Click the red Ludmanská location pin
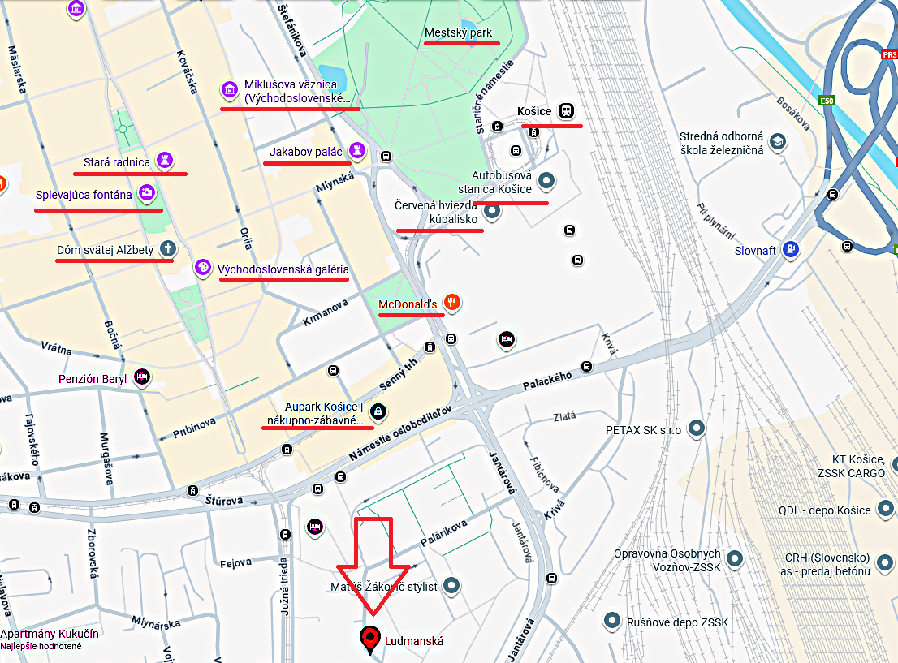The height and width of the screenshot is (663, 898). click(371, 639)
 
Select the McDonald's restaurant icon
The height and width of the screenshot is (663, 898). click(453, 304)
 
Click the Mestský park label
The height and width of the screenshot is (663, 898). click(458, 33)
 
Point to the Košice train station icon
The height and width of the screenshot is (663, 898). click(566, 111)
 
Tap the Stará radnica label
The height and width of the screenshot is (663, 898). click(117, 162)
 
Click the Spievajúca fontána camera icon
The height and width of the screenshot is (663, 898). click(147, 193)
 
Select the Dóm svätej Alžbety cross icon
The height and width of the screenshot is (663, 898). click(168, 249)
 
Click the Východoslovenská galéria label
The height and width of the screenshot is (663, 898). click(283, 269)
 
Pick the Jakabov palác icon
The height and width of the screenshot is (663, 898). click(356, 150)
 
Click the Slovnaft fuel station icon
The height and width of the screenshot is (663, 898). click(792, 250)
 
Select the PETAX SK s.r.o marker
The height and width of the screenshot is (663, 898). click(696, 428)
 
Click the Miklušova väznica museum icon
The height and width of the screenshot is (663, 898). click(230, 90)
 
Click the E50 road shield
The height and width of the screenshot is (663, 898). click(827, 101)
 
